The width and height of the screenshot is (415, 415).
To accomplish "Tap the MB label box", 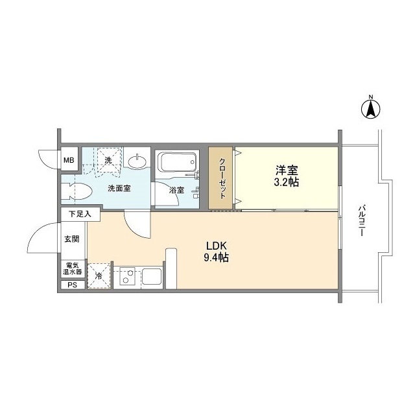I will [x=68, y=159].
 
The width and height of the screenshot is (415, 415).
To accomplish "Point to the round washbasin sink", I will [x=137, y=160].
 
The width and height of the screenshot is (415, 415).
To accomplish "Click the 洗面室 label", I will [x=119, y=189].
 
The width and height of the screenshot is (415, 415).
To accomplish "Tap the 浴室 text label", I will [x=177, y=191].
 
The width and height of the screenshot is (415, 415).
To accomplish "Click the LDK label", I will [x=215, y=246].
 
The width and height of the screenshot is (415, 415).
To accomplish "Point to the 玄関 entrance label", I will [x=71, y=239].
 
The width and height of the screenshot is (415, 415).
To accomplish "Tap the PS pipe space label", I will [x=71, y=285].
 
